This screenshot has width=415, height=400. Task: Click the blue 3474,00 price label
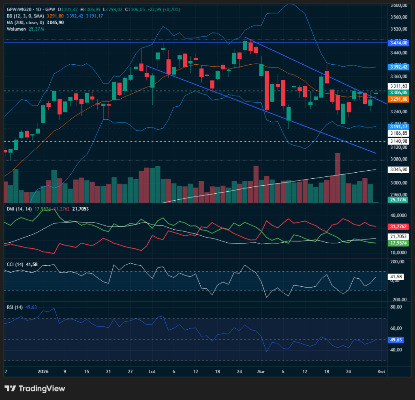[x=398, y=42]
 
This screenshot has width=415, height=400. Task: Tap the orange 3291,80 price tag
[x=398, y=99]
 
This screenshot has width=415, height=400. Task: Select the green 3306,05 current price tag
[x=398, y=93]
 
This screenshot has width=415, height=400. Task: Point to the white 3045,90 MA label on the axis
[x=398, y=169]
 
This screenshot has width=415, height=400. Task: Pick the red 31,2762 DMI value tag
[x=398, y=226]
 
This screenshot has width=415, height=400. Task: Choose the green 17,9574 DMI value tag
[x=398, y=243]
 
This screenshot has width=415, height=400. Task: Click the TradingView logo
[x=35, y=389]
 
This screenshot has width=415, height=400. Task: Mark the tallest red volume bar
[x=338, y=178]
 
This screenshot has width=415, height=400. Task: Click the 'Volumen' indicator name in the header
[x=15, y=29]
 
